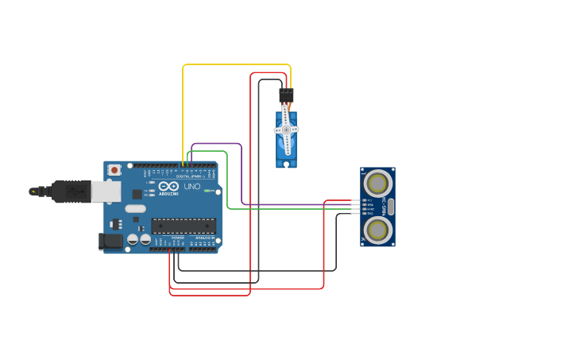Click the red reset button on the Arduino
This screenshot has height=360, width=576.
pyautogui.click(x=115, y=169)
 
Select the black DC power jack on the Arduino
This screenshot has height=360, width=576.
pyautogui.click(x=109, y=242)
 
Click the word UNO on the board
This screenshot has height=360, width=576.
pyautogui.click(x=191, y=187)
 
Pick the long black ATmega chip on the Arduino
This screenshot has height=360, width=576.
pyautogui.click(x=183, y=226)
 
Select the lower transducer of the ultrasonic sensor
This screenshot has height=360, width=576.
pyautogui.click(x=377, y=229)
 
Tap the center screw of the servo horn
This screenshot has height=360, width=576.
pyautogui.click(x=286, y=130)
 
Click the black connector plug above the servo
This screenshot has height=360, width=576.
pyautogui.click(x=286, y=95)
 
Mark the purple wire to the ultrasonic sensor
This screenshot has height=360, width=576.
pyautogui.click(x=241, y=175)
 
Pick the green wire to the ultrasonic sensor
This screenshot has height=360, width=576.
pyautogui.click(x=228, y=183)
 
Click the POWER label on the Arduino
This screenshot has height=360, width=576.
pyautogui.click(x=178, y=238)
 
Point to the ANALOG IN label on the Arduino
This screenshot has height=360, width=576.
pyautogui.click(x=203, y=238)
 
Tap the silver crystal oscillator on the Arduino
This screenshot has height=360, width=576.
pyautogui.click(x=135, y=209)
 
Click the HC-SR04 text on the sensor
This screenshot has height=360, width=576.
pyautogui.click(x=389, y=207)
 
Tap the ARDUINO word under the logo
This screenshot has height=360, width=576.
pyautogui.click(x=168, y=193)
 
